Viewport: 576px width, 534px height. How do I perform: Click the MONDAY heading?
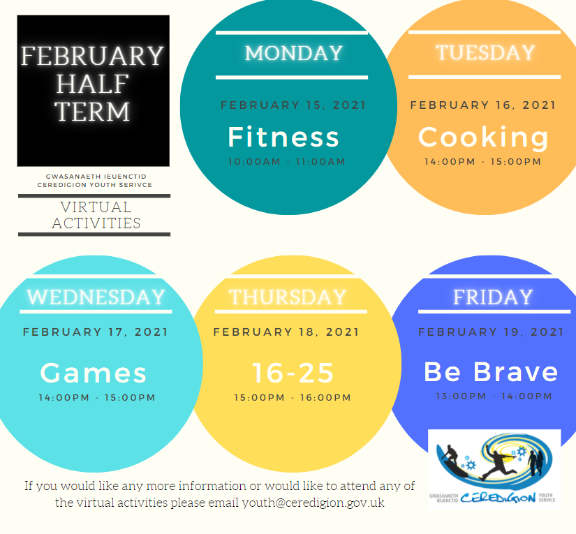(294, 53)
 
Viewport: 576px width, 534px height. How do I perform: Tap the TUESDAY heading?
(485, 52)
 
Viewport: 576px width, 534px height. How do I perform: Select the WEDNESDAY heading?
(96, 297)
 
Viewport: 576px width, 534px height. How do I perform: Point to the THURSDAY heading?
(288, 297)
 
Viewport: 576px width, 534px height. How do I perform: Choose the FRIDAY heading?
(493, 297)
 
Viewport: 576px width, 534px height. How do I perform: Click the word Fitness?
(283, 137)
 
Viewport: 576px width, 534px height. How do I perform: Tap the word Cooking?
(483, 138)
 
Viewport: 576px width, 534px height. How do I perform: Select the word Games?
(94, 373)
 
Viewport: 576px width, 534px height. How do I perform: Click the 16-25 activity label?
(293, 373)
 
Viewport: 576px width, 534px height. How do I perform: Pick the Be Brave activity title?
(491, 371)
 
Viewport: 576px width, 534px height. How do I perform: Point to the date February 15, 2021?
(293, 105)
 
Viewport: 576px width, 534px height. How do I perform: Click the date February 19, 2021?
(491, 332)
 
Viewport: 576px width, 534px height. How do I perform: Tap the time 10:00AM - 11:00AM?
(286, 161)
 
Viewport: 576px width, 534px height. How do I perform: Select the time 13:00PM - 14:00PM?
(494, 396)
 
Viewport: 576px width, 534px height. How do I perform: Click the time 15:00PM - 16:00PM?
(293, 398)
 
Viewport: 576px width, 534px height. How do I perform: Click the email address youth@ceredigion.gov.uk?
(313, 503)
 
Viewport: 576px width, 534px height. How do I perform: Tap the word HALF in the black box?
(92, 84)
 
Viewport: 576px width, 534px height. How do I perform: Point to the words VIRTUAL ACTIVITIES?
(96, 215)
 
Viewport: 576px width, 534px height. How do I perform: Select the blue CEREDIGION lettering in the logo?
(498, 498)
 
